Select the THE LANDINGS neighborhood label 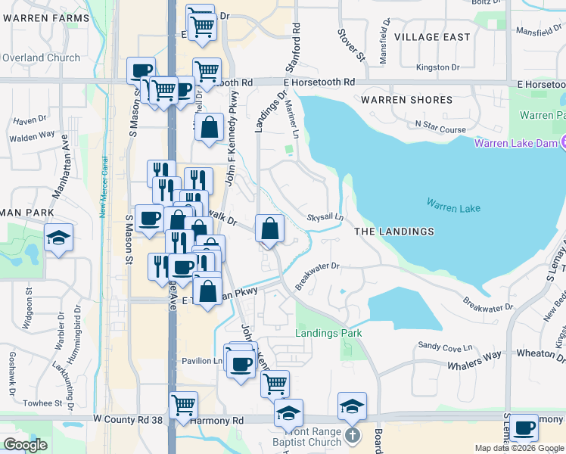[394, 232]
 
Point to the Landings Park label [328, 333]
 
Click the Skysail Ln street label [325, 217]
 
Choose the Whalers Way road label [477, 355]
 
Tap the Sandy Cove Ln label [445, 346]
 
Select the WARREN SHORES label [406, 100]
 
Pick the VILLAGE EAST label [432, 37]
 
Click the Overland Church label [41, 58]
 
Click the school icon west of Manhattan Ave [58, 238]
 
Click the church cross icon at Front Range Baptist [351, 435]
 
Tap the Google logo [26, 445]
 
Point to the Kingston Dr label [438, 67]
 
